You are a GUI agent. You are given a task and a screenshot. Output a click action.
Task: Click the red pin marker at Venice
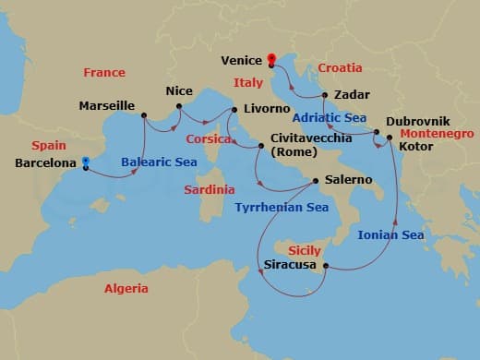pos(271,61)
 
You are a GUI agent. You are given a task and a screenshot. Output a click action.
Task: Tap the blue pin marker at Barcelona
pos(85,163)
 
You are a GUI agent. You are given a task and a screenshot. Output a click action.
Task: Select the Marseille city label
pos(108,105)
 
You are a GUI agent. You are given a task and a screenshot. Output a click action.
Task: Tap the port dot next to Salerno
pos(316,180)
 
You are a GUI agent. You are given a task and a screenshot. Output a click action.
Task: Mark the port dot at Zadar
pos(326,95)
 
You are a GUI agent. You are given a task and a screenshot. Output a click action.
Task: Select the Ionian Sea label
pos(391,235)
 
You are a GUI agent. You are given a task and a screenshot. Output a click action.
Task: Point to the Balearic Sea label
pos(159,162)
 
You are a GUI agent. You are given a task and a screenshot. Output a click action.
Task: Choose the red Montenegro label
pos(438,134)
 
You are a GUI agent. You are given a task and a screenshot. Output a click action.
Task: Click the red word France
pos(103,72)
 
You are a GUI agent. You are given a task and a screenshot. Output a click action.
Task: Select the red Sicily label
pos(306,249)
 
